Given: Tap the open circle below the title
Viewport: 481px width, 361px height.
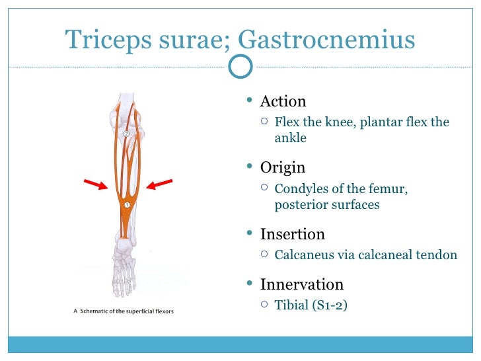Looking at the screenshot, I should tap(240, 65).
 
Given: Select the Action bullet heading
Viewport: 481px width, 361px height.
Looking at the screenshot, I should tap(283, 102).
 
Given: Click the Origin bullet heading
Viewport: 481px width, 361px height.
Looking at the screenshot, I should tap(283, 168).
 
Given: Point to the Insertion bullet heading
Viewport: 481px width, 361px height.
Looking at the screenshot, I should tap(293, 234).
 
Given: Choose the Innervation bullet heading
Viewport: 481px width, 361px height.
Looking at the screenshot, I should tap(302, 285).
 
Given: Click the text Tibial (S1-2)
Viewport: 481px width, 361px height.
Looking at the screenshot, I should tap(311, 305).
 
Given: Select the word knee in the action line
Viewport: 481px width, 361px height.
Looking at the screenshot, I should tap(342, 122).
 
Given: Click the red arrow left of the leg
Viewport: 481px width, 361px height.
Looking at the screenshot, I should tap(96, 183).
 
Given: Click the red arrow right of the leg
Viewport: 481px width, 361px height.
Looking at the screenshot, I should tap(159, 183).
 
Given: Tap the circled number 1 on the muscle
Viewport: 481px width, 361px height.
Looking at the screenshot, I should tap(126, 205).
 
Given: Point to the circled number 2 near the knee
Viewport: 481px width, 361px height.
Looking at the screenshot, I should tap(126, 134).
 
